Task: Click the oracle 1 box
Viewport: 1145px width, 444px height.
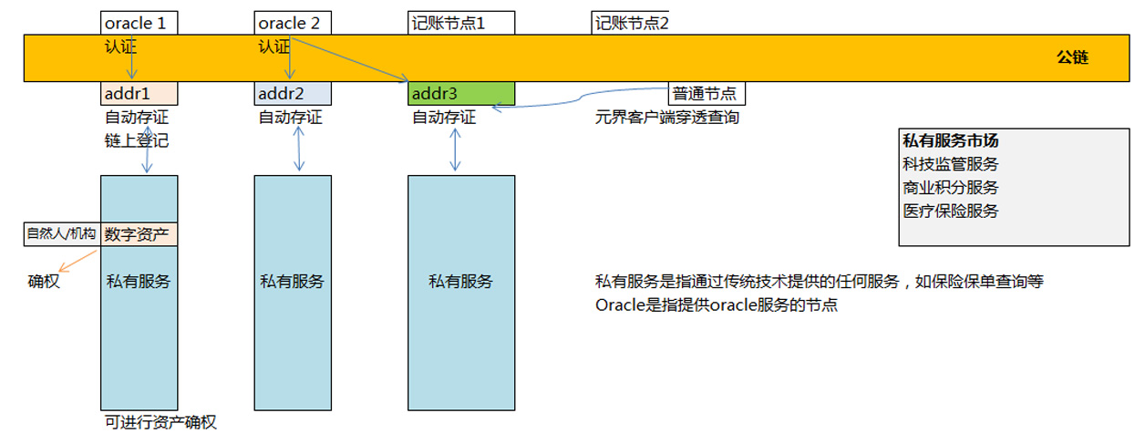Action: point(139,23)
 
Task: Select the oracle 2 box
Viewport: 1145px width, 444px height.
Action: point(292,23)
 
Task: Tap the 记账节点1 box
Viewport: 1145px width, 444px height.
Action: point(461,23)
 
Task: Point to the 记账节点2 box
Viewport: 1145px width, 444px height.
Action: point(631,23)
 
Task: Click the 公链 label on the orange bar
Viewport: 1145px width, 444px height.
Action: point(1072,57)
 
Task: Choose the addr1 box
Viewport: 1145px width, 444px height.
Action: point(139,93)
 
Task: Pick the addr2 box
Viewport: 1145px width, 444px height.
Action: point(292,93)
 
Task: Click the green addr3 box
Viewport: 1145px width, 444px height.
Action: point(461,93)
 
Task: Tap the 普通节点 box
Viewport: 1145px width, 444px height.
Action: point(707,93)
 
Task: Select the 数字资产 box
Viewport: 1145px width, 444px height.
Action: point(139,234)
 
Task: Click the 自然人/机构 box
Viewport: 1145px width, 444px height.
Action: point(61,234)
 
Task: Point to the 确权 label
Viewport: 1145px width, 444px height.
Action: point(44,282)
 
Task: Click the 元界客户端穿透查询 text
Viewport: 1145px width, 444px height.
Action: point(666,118)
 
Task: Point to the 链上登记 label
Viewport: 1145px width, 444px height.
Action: point(137,141)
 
